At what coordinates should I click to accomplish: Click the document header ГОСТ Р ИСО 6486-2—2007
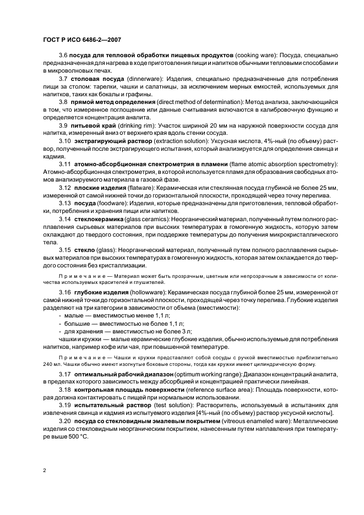pos(82,40)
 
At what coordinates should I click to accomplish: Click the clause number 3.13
pos(66,202)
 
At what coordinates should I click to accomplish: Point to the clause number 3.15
pos(66,249)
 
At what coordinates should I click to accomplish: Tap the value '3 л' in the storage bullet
pos(186,332)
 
